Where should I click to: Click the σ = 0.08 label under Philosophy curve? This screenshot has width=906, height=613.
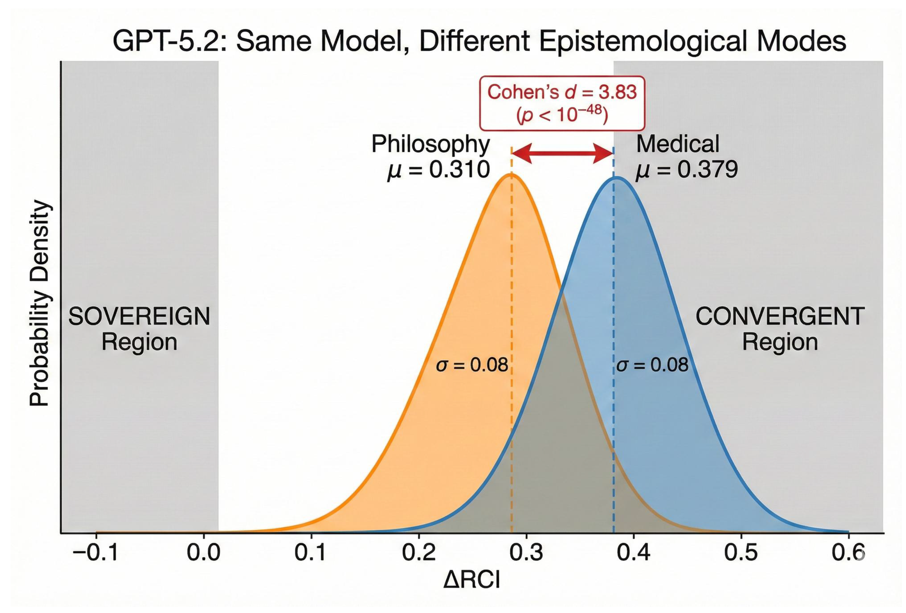point(472,365)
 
